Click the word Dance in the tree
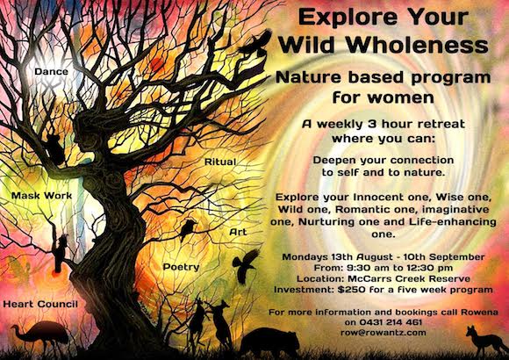click(x=51, y=71)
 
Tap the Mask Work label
click(x=41, y=196)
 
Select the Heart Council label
click(x=40, y=304)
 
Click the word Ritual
click(x=220, y=162)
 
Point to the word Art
click(x=238, y=232)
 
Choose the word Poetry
click(x=181, y=267)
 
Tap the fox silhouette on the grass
click(x=486, y=341)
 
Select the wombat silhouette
click(x=269, y=342)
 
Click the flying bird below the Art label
click(x=246, y=265)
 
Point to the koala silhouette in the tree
click(x=54, y=148)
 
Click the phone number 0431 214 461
click(x=391, y=322)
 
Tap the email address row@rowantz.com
click(x=384, y=333)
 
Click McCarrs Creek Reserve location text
click(x=409, y=278)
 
